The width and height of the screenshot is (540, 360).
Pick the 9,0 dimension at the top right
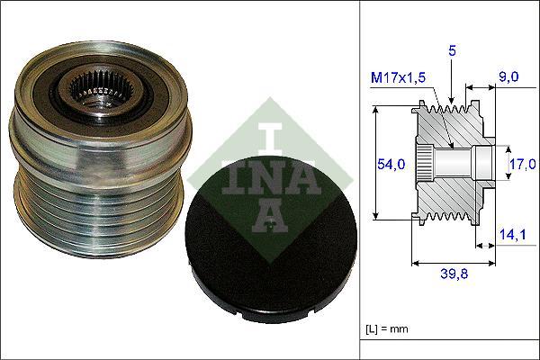(x=509, y=78)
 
